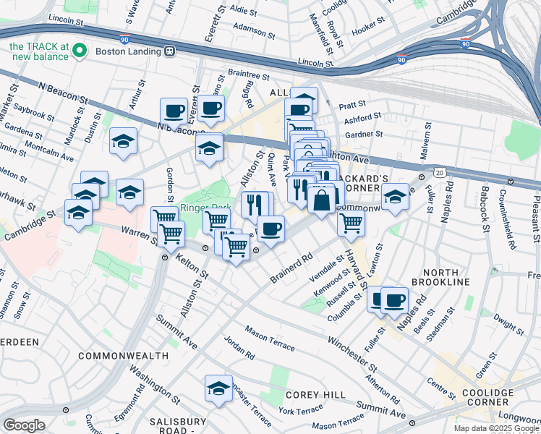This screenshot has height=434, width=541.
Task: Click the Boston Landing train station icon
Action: click(171, 51)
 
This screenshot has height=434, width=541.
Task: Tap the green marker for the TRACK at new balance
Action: click(80, 51)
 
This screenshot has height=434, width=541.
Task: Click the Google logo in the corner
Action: click(24, 425)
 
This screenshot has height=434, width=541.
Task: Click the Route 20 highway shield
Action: click(440, 172)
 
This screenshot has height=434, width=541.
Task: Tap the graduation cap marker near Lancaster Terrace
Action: click(218, 388)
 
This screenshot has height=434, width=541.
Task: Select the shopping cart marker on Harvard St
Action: click(351, 223)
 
